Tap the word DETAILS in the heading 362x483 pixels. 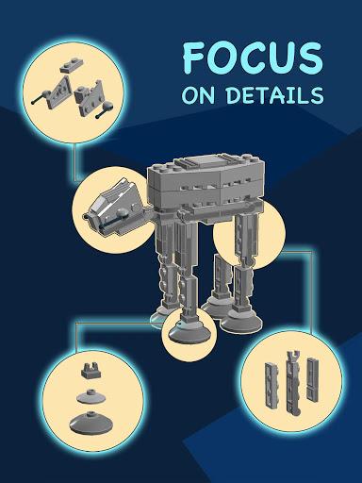coord(281,95)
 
